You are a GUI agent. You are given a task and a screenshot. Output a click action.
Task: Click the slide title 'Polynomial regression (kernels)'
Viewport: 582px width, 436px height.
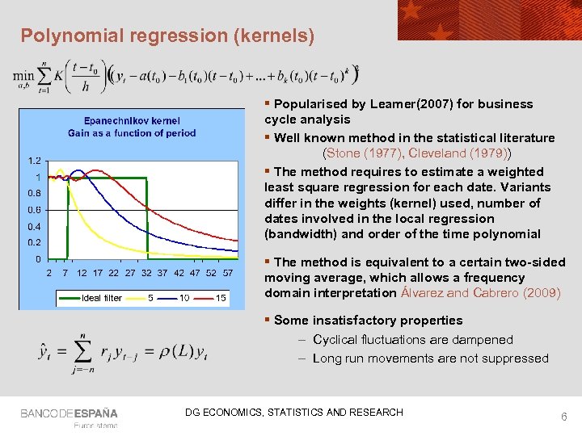167,36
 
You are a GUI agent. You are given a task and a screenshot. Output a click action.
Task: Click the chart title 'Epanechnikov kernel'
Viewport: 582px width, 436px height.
132,120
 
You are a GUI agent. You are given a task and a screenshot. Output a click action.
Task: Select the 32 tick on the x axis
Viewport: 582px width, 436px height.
146,273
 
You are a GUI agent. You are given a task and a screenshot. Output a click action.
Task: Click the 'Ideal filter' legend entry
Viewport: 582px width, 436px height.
102,298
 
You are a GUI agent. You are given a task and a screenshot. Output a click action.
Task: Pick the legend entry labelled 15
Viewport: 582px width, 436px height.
221,298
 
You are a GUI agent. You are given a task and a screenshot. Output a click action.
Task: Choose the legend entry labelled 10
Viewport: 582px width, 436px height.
184,298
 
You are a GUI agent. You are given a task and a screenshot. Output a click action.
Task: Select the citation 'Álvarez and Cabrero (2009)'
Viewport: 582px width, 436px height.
480,292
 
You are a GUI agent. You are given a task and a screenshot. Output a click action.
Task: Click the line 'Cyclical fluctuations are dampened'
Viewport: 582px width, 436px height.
412,340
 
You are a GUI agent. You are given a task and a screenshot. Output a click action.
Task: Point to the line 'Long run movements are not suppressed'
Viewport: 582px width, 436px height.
430,358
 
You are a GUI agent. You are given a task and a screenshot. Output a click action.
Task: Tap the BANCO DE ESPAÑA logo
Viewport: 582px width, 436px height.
69,413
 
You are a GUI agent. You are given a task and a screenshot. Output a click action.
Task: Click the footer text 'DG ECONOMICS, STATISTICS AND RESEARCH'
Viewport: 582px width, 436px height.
293,413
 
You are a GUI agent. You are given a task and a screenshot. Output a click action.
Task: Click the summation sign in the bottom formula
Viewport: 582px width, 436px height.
81,352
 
